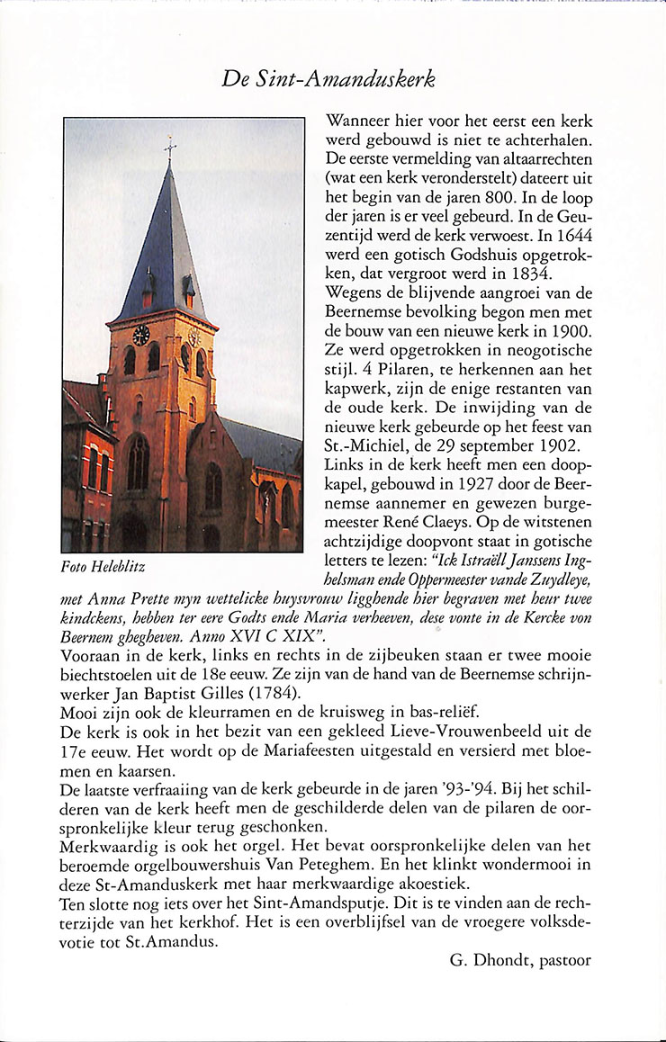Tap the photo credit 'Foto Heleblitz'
[x=103, y=568]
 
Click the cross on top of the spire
[x=169, y=148]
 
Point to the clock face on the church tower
[x=141, y=335]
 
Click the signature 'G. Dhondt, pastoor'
[x=520, y=960]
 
